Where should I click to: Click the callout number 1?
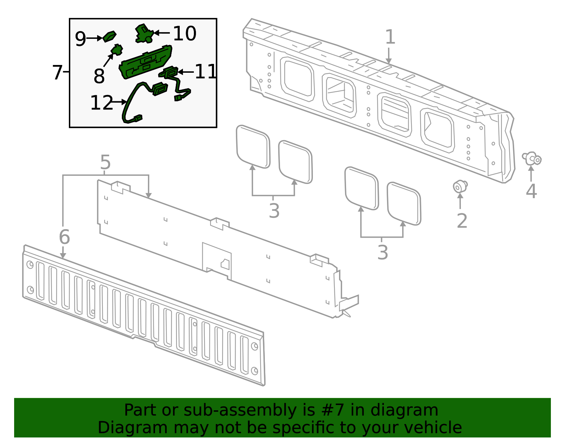pos(389,37)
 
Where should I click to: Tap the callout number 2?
pos(462,221)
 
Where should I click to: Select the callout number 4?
pos(531,191)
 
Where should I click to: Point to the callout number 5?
pos(105,163)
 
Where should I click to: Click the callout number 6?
pos(64,237)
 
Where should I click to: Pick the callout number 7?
pos(57,72)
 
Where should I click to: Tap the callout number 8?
pos(99,76)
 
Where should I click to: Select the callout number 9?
pos(80,38)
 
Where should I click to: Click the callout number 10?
pos(184,34)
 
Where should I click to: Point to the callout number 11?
pos(206,72)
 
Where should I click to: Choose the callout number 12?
pos(101,103)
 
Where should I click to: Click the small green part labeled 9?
pos(109,36)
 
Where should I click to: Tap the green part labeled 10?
pos(143,33)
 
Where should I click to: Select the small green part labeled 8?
pos(117,50)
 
